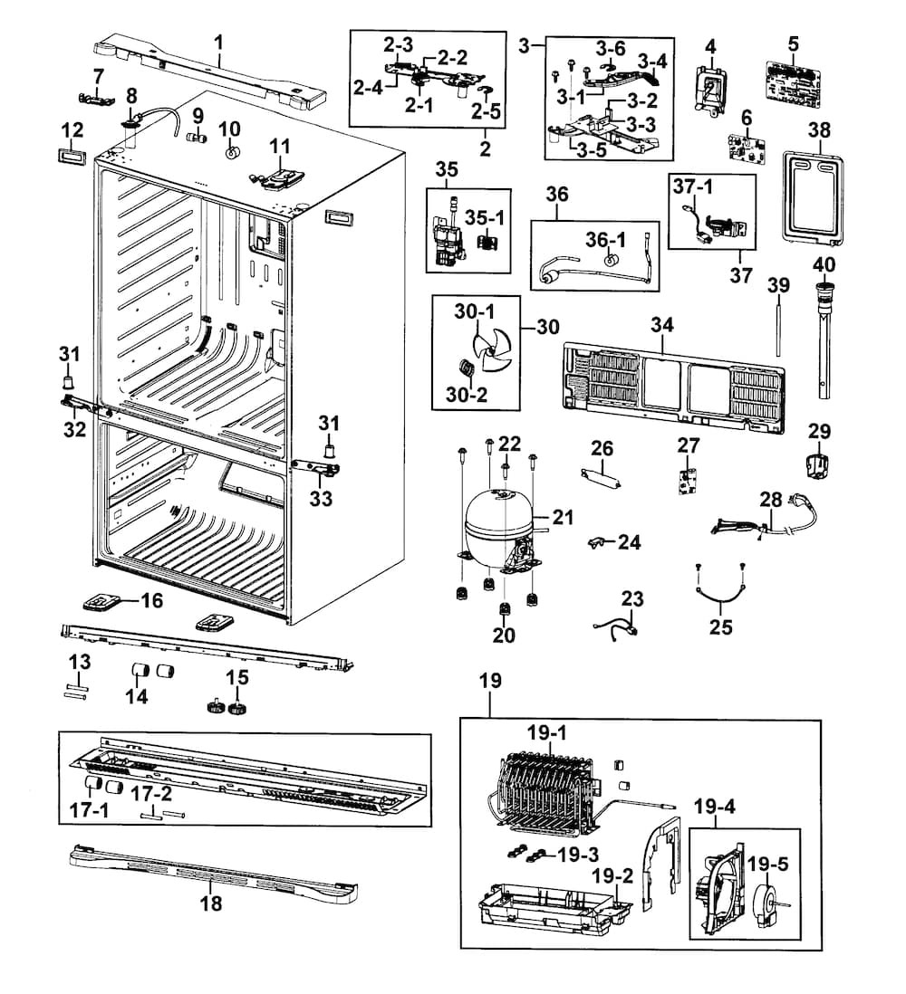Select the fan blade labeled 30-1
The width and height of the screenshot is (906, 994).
point(490,354)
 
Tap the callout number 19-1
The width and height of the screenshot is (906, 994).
point(545,733)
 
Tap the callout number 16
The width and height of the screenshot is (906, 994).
point(151,600)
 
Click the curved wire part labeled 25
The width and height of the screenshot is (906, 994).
point(720,597)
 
